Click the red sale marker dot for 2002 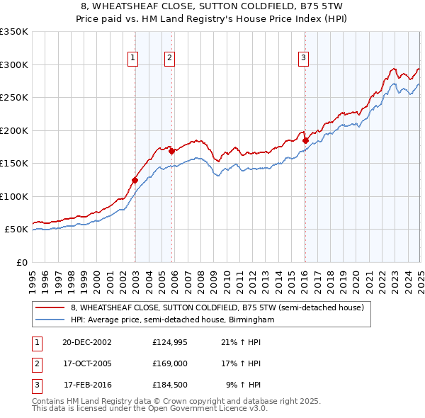point(135,180)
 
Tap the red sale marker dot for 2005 point(171,151)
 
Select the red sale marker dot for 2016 point(305,140)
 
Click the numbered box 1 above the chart point(133,59)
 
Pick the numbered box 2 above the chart point(170,59)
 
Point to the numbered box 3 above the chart point(303,59)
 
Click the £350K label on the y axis point(13,32)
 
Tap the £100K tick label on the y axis point(13,197)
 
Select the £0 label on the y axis point(21,263)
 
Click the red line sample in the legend point(51,308)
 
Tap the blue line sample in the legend point(51,320)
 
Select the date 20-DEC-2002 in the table point(87,341)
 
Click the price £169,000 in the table point(170,363)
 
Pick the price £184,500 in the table point(170,385)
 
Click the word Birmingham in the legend point(249,320)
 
